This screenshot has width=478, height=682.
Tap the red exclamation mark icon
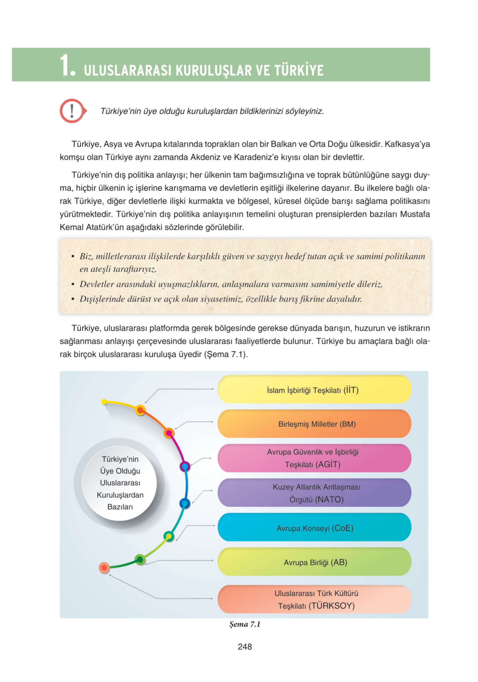coord(72,111)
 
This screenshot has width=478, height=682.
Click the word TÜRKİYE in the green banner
coord(298,71)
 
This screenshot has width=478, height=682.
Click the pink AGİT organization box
coord(314,458)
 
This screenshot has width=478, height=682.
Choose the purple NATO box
coord(314,493)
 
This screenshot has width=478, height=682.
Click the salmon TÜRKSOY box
coord(314,599)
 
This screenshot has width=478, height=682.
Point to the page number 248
coord(244,647)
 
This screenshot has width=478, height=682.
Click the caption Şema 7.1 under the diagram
coord(244,624)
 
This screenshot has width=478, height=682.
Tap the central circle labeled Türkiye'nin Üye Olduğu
coord(120,483)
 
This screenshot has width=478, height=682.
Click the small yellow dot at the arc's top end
coord(104,402)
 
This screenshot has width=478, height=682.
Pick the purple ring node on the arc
coord(185,466)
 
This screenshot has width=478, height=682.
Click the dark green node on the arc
coord(140,560)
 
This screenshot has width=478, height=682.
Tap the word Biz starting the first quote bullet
coord(86,256)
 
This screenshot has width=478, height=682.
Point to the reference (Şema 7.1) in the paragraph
coord(225,355)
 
